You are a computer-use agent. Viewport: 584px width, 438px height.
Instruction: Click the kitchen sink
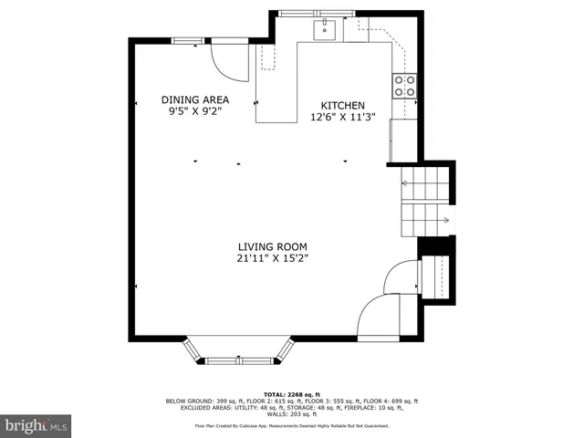point(325,30)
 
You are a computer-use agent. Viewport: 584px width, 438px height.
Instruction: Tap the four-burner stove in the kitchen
point(404,86)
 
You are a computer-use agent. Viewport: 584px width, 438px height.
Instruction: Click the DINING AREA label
point(195,99)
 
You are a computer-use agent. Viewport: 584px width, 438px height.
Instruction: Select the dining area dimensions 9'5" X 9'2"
point(195,111)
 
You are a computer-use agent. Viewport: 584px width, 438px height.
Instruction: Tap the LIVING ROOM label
point(272,246)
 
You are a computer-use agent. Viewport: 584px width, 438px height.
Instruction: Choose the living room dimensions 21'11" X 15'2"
point(272,258)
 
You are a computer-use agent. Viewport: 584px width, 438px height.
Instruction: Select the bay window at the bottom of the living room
point(242,351)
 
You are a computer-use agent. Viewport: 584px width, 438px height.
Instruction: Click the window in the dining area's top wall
point(188,39)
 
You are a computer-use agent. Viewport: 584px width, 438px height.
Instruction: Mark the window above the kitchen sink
point(307,13)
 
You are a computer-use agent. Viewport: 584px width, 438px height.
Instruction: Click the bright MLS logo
point(36,425)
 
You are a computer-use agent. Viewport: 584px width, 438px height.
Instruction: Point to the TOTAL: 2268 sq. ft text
point(291,394)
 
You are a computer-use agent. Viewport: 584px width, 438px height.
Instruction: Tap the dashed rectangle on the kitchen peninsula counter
point(268,57)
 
